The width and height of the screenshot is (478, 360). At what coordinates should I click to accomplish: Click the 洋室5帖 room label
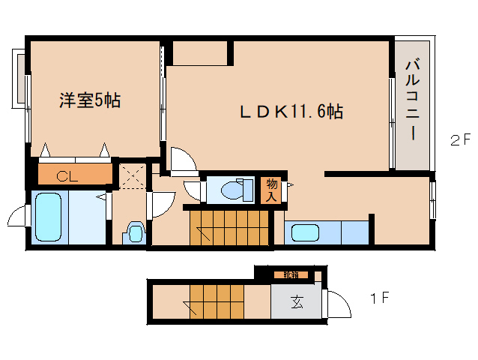[90, 100]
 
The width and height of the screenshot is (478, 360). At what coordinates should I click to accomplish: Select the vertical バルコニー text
[412, 101]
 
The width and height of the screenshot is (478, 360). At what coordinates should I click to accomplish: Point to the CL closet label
[67, 177]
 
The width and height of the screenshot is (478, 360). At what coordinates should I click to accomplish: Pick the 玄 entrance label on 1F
[297, 304]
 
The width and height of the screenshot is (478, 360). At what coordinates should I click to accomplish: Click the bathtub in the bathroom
[49, 217]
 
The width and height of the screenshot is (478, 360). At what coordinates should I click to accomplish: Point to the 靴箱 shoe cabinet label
[290, 274]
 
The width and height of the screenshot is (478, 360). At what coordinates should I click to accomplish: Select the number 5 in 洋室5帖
[98, 100]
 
